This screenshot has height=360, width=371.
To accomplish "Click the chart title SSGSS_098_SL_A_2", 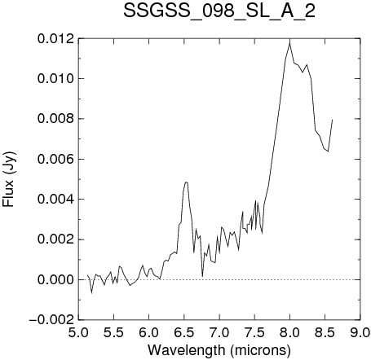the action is point(219,12).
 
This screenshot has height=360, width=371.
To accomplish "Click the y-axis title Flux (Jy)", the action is point(9,179).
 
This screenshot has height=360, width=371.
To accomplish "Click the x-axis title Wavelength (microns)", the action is point(219,350).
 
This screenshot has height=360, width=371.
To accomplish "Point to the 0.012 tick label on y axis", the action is point(55,39).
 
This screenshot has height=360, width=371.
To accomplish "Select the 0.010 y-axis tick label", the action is point(55,79).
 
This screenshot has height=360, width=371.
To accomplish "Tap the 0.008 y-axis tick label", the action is point(55,119).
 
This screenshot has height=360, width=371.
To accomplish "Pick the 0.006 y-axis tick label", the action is point(55,159).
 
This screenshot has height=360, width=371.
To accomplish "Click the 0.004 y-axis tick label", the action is point(55,200).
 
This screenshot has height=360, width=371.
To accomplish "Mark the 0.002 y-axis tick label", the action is point(55,239).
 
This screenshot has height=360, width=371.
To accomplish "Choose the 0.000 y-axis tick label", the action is point(55,279).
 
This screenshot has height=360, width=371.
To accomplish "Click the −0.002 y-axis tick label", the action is point(51,320).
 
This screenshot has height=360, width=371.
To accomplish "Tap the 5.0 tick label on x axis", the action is point(78,332).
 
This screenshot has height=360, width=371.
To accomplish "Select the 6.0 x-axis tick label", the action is point(148,332).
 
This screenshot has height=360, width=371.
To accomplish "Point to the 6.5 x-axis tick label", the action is point(184,332).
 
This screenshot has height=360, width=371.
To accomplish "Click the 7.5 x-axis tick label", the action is point(254,332).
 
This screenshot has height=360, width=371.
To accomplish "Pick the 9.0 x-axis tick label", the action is point(360,332).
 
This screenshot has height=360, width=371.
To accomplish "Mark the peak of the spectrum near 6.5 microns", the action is point(186,182).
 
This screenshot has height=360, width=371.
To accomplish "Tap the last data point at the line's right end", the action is point(332,120).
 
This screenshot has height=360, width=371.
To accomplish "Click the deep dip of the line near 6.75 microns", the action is point(202,276).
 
